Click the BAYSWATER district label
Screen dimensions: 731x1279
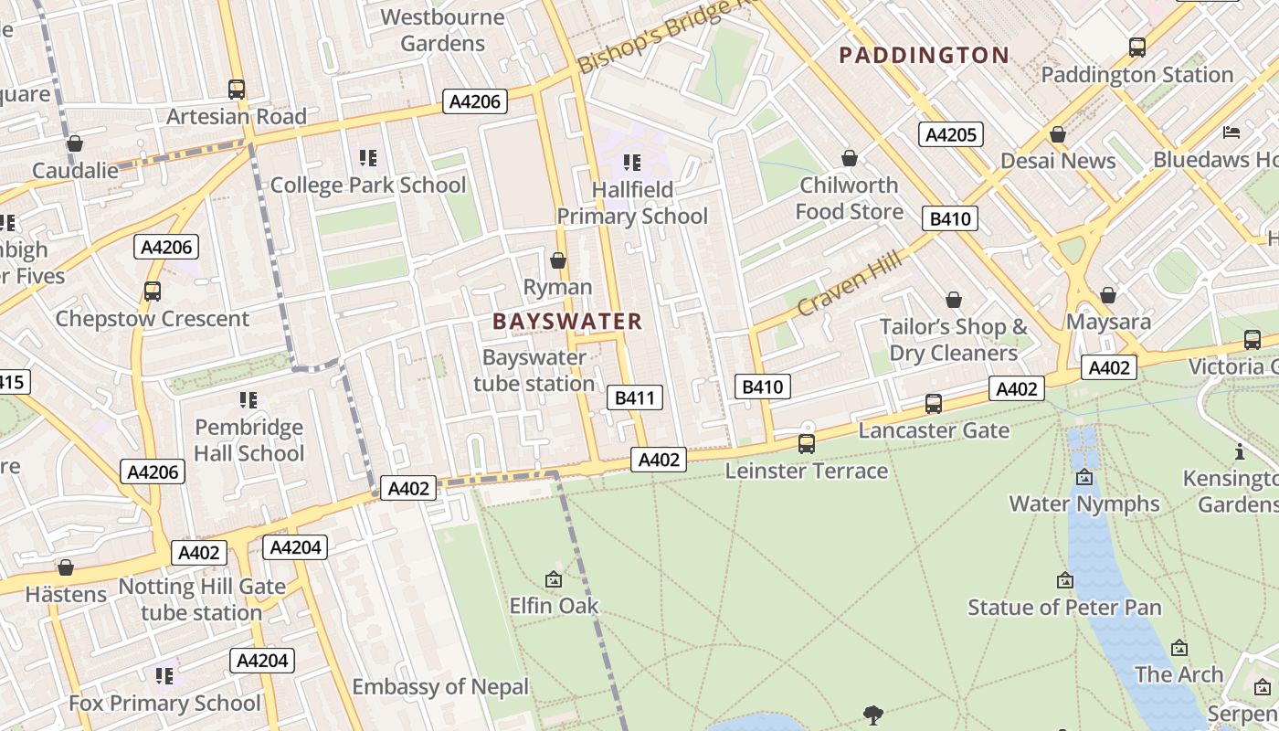click(567, 322)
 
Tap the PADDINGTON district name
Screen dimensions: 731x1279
click(924, 56)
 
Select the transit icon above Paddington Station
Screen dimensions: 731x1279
click(1137, 48)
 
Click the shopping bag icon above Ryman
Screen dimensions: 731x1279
click(557, 260)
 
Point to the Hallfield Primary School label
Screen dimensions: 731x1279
click(632, 203)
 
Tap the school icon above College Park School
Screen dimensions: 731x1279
click(368, 158)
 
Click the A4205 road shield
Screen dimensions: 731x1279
click(950, 135)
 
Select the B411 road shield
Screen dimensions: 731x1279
click(634, 397)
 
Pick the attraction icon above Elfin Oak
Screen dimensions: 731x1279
click(554, 579)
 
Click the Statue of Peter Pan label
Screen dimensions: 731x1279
click(1064, 608)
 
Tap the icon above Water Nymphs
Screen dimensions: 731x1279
click(1084, 477)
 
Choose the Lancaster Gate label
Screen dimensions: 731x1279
click(934, 430)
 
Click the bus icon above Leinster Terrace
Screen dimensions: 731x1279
click(807, 444)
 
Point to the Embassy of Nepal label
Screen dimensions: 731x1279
click(440, 687)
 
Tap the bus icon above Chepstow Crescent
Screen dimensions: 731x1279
click(153, 291)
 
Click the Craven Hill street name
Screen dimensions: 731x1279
click(849, 284)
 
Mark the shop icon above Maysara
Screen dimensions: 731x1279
click(1108, 295)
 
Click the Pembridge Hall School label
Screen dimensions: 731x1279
click(248, 440)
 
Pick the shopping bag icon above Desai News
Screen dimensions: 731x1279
click(1058, 135)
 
